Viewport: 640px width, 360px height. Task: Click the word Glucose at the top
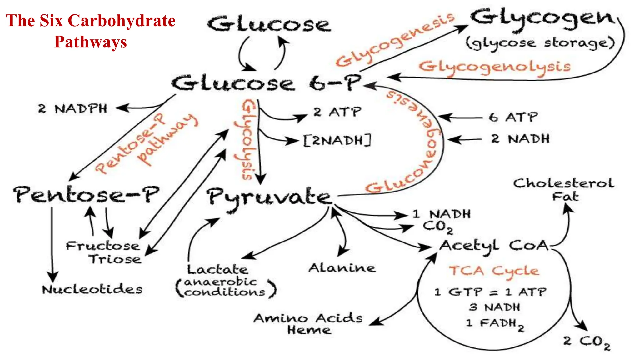pyautogui.click(x=269, y=24)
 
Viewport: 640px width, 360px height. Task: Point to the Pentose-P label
pyautogui.click(x=86, y=194)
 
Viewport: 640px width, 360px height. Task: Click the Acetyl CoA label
pyautogui.click(x=494, y=246)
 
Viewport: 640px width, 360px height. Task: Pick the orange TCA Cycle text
pyautogui.click(x=494, y=271)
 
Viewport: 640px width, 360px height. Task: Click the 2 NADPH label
pyautogui.click(x=72, y=109)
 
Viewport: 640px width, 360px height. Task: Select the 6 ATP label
pyautogui.click(x=513, y=117)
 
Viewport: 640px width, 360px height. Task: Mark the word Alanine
pyautogui.click(x=342, y=268)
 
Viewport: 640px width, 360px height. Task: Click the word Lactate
pyautogui.click(x=217, y=269)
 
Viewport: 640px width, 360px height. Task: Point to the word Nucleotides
pyautogui.click(x=92, y=289)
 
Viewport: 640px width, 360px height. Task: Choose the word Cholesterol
pyautogui.click(x=563, y=183)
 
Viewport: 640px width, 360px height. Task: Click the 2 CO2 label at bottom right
pyautogui.click(x=587, y=342)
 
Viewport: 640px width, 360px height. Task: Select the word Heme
pyautogui.click(x=309, y=330)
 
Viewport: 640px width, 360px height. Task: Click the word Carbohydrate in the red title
pyautogui.click(x=122, y=21)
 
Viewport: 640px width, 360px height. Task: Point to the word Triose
pyautogui.click(x=115, y=259)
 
